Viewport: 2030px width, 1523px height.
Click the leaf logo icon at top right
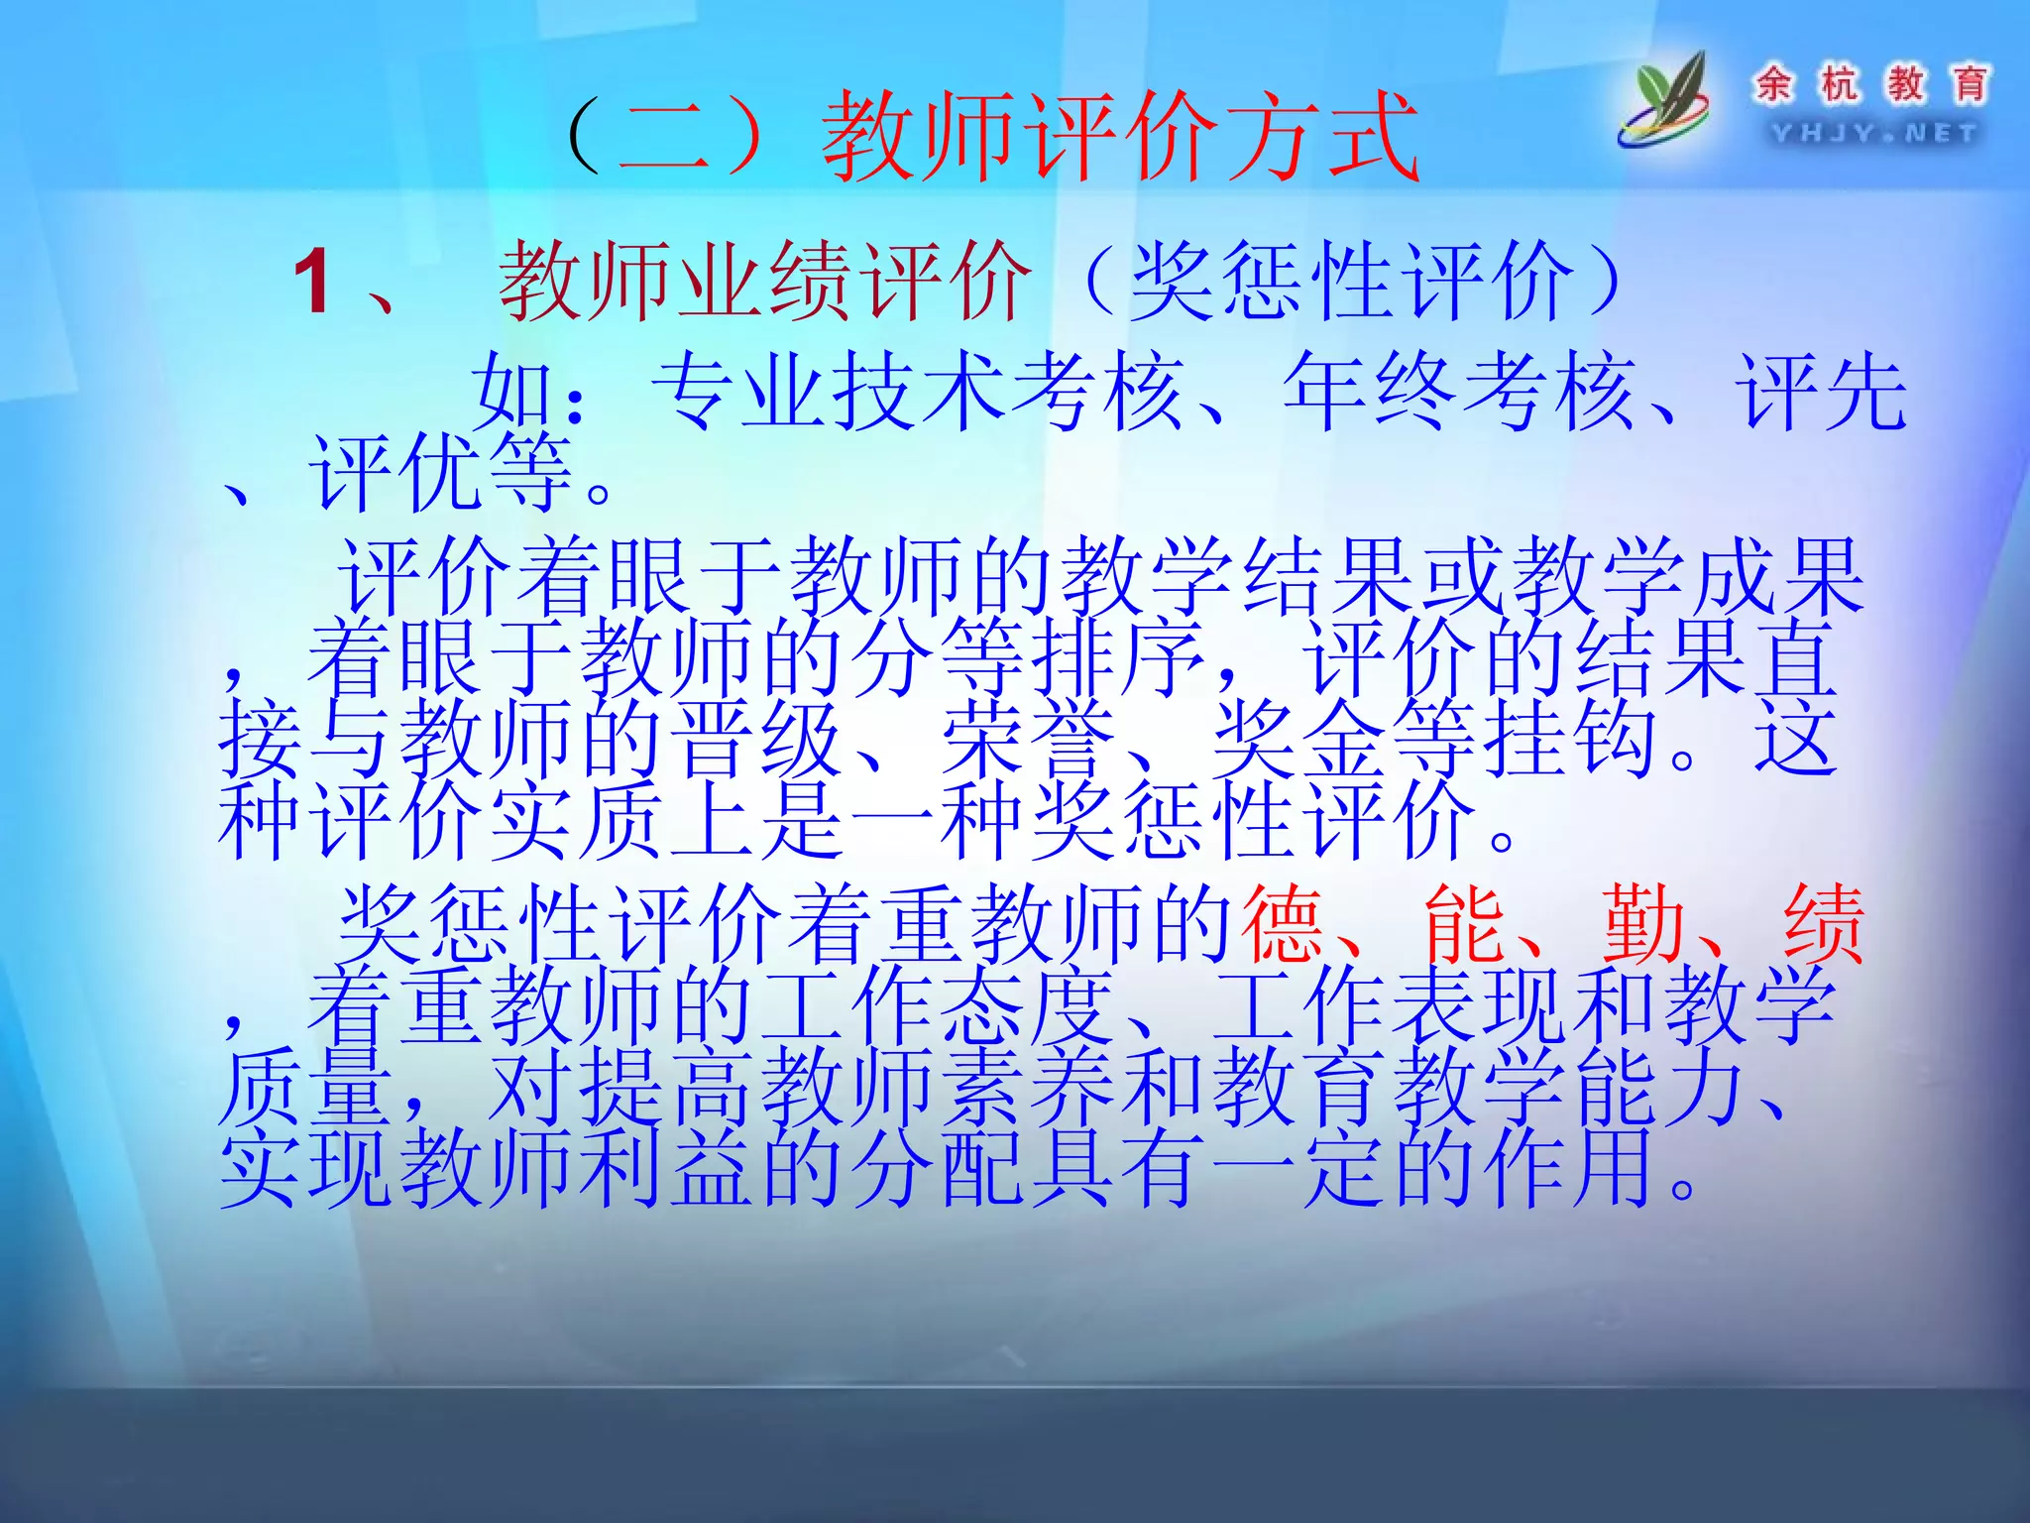tap(1666, 99)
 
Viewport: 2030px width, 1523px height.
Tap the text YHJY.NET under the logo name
tap(1872, 133)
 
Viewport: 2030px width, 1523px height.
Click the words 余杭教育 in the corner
tap(1871, 83)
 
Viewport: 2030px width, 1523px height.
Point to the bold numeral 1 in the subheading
tap(313, 283)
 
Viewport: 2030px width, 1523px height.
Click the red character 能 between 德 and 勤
tap(1464, 925)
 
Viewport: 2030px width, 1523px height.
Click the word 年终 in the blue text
tap(1371, 393)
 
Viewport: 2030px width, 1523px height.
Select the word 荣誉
tap(1031, 739)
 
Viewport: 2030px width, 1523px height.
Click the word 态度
tap(1031, 1006)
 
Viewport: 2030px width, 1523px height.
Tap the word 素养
tap(1031, 1088)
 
